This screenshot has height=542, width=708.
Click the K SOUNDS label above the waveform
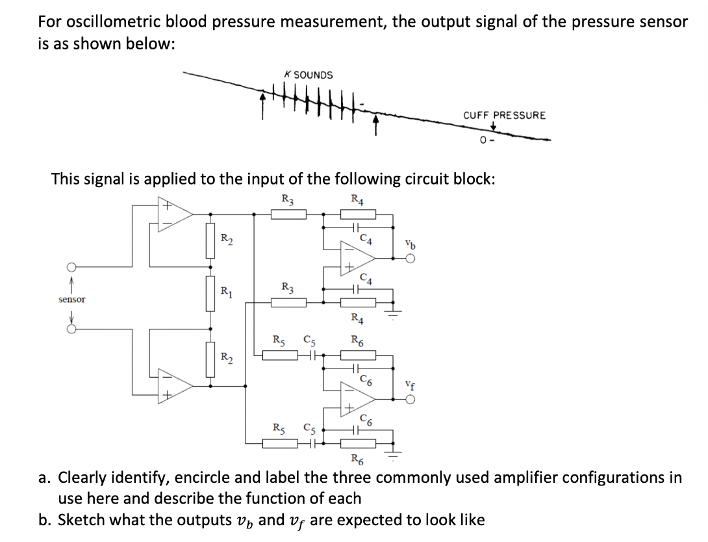[309, 75]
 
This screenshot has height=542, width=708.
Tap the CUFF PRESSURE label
[504, 115]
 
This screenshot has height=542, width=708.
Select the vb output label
[408, 246]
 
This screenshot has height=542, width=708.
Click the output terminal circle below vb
[409, 258]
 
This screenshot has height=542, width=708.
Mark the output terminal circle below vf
[409, 400]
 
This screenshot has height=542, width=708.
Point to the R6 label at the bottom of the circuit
[356, 462]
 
